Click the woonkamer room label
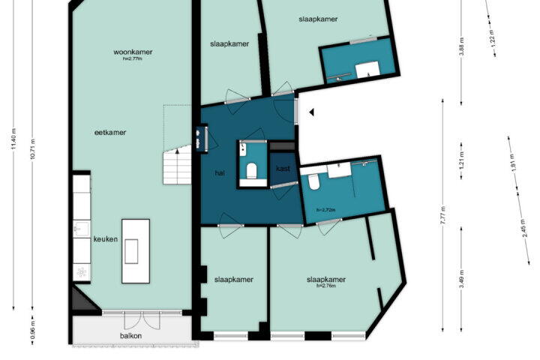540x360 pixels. click(133, 52)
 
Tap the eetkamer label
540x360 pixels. click(110, 132)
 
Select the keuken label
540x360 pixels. click(106, 239)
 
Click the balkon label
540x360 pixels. click(130, 335)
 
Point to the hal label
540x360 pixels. click(220, 173)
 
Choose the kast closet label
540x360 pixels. click(283, 169)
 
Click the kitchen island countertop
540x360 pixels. click(136, 251)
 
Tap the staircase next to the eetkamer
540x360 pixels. click(177, 165)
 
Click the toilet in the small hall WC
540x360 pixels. click(252, 171)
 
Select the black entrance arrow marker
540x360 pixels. click(312, 112)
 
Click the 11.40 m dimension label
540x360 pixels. click(13, 139)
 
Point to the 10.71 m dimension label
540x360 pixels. click(33, 148)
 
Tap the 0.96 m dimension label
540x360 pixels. click(33, 329)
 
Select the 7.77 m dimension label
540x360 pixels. click(443, 215)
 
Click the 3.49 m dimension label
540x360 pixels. click(462, 279)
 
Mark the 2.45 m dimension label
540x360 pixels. click(523, 228)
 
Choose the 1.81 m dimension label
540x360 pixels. click(513, 161)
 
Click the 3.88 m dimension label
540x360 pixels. click(462, 46)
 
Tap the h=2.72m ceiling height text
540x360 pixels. click(325, 210)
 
